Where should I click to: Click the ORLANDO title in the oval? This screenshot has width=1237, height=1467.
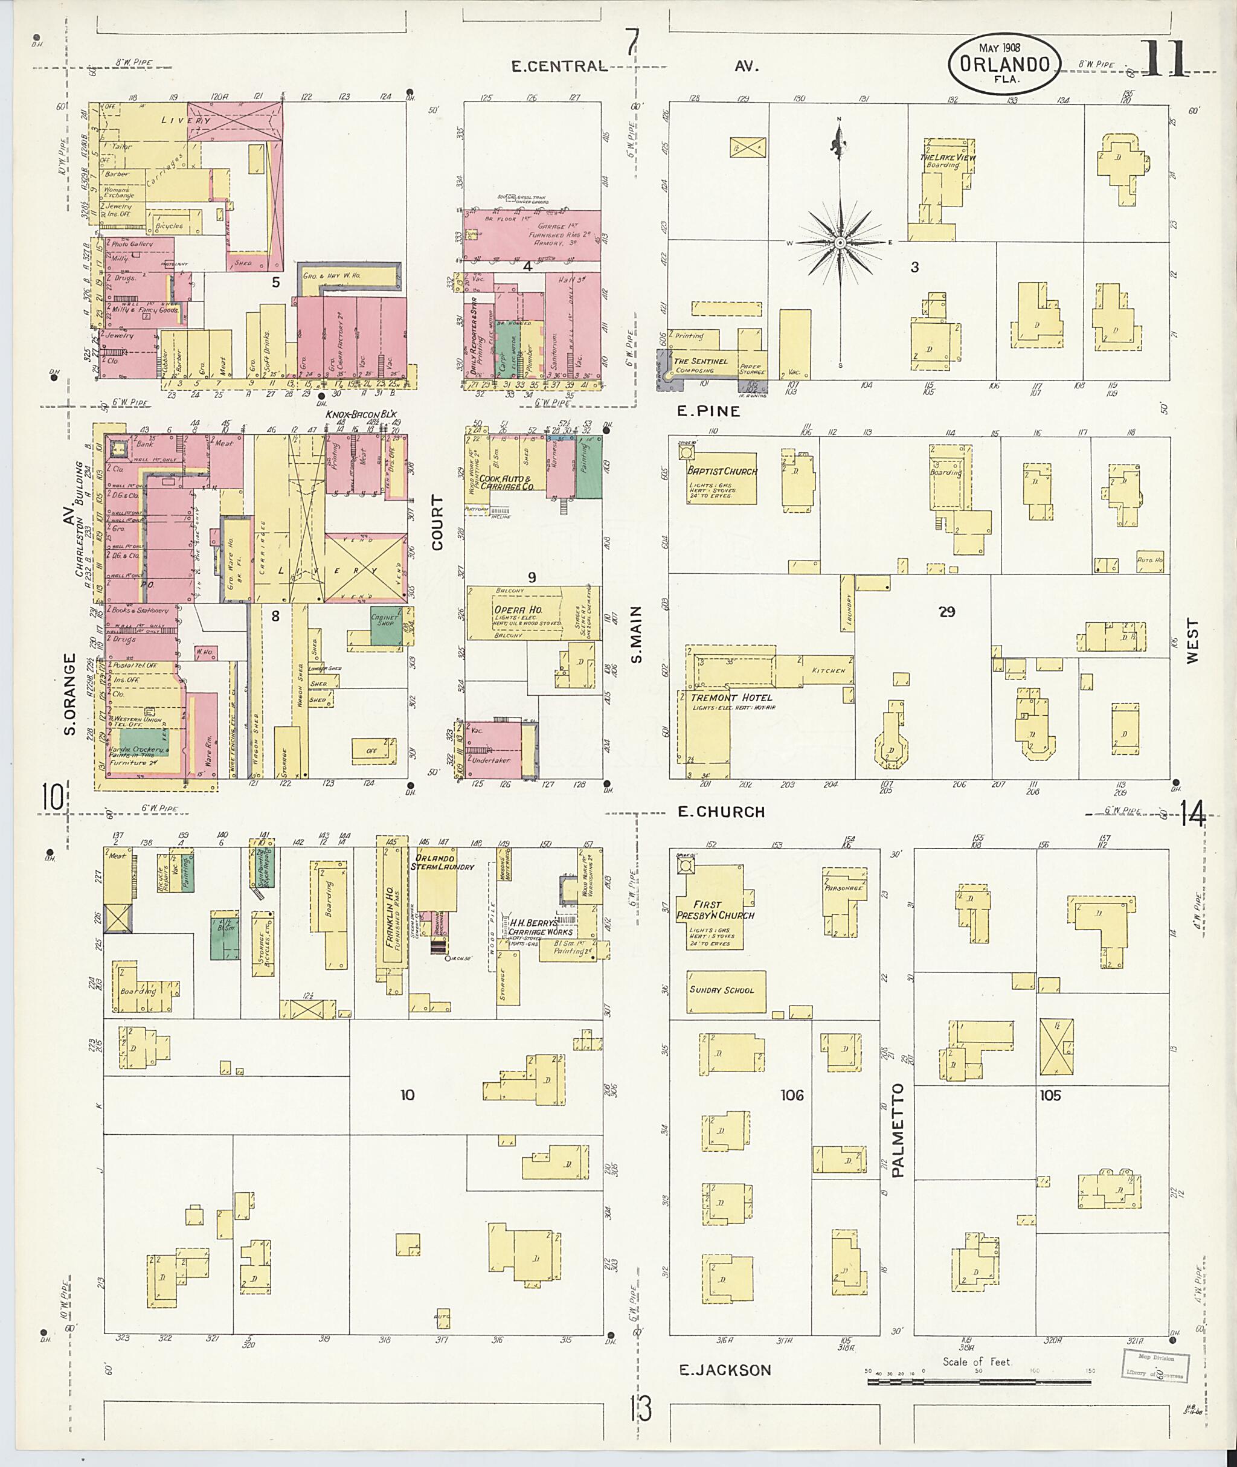click(1004, 65)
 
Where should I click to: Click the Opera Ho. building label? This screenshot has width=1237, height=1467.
click(518, 610)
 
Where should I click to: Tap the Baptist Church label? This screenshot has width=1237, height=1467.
click(722, 471)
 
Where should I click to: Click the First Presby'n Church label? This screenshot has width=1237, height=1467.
click(715, 910)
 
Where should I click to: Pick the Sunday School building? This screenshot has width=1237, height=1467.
click(725, 990)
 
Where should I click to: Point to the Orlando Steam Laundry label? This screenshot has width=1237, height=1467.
click(445, 862)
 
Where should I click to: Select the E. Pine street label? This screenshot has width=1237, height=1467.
click(708, 412)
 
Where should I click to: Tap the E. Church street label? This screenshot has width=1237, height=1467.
click(721, 812)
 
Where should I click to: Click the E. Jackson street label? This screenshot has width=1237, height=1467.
click(725, 1370)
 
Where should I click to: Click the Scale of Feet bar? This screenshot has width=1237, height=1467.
click(979, 1381)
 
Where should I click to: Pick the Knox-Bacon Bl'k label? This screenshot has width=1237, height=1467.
click(361, 414)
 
